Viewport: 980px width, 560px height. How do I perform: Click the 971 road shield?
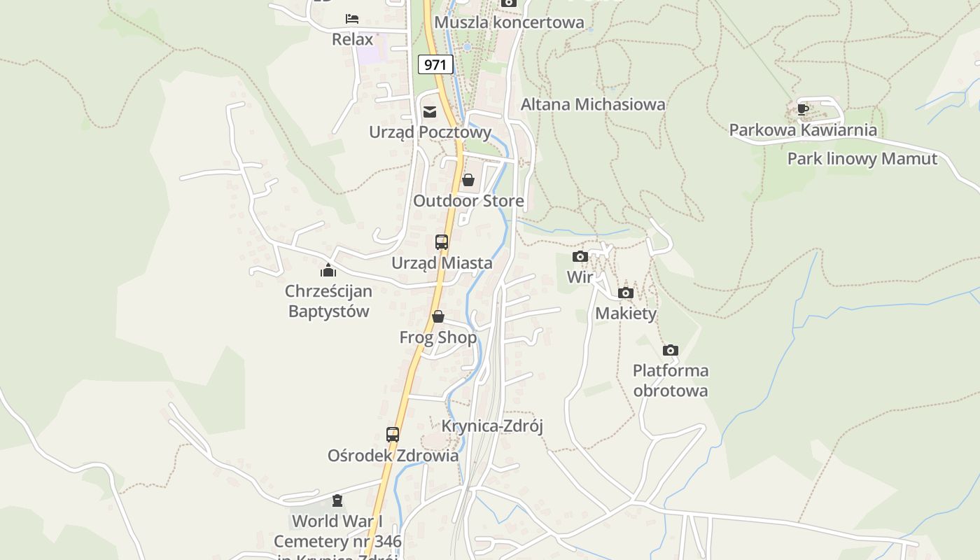point(435,65)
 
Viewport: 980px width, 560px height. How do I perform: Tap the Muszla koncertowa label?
point(509,22)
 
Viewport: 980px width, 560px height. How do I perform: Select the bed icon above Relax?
point(352,19)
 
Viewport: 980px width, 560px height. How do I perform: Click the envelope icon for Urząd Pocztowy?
point(430,112)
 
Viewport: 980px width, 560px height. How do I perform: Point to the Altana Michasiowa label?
point(593,104)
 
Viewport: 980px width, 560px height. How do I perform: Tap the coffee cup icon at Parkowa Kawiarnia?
point(803,109)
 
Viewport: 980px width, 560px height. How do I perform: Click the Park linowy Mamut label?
point(862,159)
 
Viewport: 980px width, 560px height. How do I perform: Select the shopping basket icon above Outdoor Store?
point(468,181)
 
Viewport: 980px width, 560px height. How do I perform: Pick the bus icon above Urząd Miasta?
point(442,242)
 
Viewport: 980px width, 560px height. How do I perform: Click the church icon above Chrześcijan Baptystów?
point(328,269)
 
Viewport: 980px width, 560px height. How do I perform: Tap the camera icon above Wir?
point(580,256)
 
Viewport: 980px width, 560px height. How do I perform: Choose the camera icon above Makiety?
point(626,293)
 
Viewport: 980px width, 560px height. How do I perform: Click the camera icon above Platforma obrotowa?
point(671,350)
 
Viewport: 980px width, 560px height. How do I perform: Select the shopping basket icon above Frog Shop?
point(438,316)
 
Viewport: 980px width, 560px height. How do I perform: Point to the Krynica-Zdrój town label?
point(492,426)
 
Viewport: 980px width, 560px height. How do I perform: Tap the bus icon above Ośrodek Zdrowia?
point(393,434)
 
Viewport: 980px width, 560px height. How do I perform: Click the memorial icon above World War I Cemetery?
point(337,500)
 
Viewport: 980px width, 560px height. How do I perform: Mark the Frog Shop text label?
point(438,337)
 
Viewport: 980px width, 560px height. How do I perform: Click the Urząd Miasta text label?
point(442,263)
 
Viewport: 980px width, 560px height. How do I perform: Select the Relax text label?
point(352,39)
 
